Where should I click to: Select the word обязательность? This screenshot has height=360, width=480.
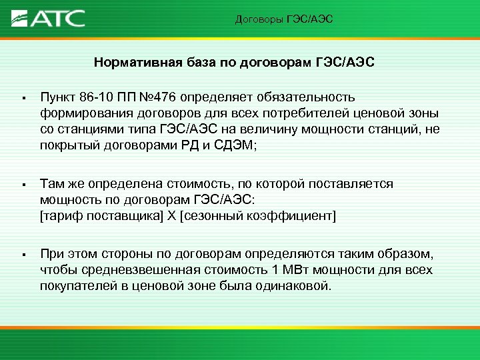pos(308,99)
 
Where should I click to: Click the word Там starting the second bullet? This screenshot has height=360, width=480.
pos(51,183)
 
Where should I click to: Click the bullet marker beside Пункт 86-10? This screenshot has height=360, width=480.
pos(23,99)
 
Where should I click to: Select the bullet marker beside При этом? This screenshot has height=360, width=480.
pos(23,255)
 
